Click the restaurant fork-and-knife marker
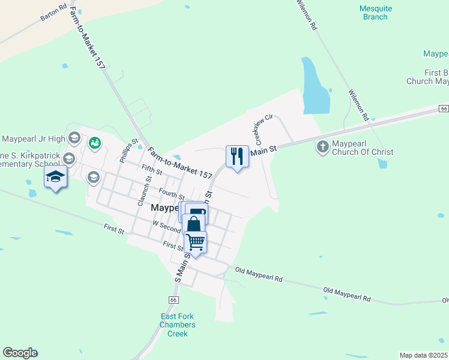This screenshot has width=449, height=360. tap(237, 157)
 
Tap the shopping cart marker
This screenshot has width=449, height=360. tap(196, 242)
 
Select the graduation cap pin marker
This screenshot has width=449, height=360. tap(55, 177)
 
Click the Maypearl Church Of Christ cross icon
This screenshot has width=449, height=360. tap(322, 146)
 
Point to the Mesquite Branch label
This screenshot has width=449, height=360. tap(375, 13)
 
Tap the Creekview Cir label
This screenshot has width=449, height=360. tap(264, 130)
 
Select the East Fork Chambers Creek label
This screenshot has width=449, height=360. tap(178, 325)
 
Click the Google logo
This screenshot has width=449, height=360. tap(20, 353)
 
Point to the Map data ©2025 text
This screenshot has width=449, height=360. tap(424, 355)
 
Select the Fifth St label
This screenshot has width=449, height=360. tap(152, 171)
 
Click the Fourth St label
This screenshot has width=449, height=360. tap(171, 193)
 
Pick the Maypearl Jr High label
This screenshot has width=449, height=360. tap(33, 139)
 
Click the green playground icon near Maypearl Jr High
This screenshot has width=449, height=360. tap(94, 143)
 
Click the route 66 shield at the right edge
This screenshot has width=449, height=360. tap(444, 109)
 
